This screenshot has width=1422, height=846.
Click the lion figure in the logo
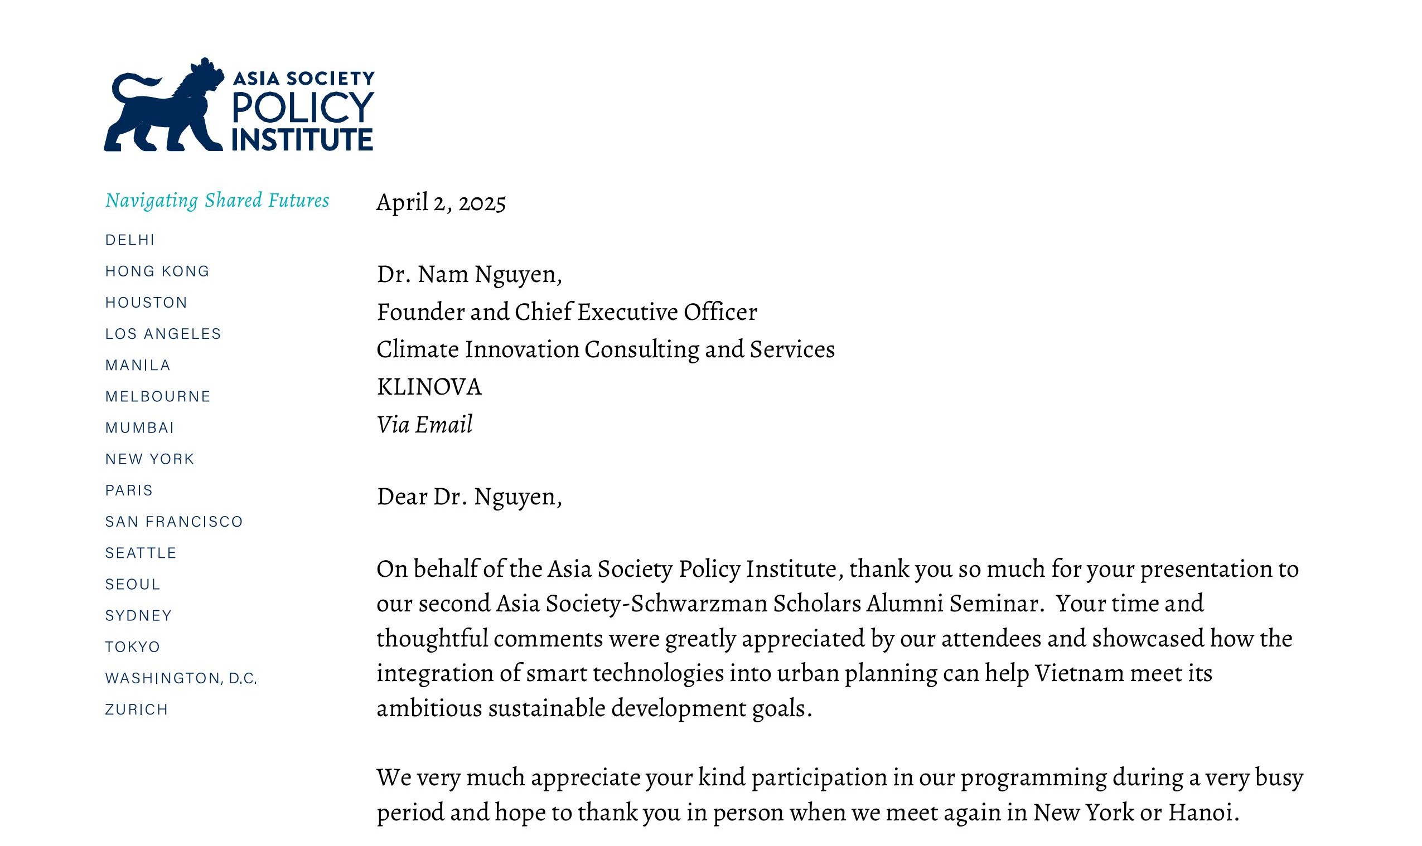(166, 114)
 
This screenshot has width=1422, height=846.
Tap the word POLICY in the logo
(302, 107)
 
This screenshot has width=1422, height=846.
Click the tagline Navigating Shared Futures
(217, 200)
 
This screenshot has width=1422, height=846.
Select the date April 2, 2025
(441, 203)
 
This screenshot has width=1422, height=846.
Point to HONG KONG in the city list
(157, 271)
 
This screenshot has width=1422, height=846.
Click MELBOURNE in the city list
(158, 397)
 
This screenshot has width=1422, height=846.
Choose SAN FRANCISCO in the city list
(174, 522)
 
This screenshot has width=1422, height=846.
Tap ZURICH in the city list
(137, 710)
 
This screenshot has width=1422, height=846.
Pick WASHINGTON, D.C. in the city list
(181, 678)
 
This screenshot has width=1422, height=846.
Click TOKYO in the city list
(133, 647)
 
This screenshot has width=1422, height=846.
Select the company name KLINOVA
(429, 387)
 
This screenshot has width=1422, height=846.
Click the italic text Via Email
(424, 425)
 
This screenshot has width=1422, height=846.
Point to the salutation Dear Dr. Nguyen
(469, 497)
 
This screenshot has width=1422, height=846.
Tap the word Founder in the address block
(420, 312)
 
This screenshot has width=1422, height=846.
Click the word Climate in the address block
(418, 349)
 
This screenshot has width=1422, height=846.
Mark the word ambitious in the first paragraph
(429, 708)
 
